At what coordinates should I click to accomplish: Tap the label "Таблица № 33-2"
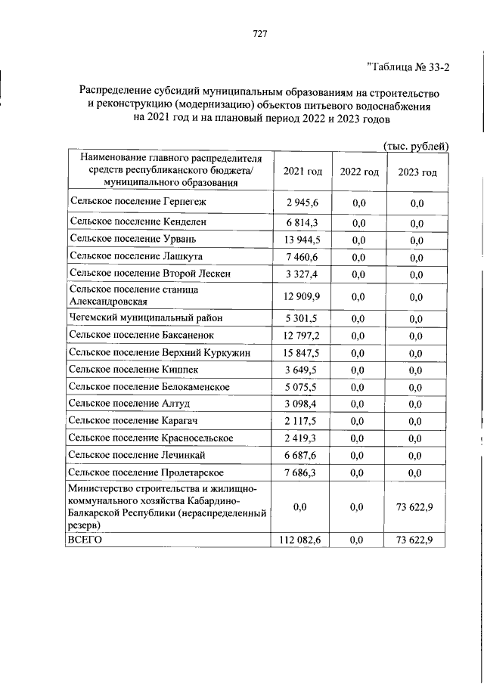tap(408, 67)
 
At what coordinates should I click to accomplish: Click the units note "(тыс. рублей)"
tap(416, 146)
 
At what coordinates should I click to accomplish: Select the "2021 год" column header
tap(302, 172)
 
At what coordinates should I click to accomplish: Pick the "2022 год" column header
tap(358, 172)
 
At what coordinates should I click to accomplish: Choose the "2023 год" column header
tap(417, 172)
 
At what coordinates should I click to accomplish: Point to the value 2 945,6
tap(302, 203)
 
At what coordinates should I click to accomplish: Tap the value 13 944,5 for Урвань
tap(302, 240)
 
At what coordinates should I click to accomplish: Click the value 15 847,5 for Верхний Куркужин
tap(302, 353)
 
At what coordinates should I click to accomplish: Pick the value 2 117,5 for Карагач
tap(302, 421)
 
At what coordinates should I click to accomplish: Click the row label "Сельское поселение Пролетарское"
tap(146, 472)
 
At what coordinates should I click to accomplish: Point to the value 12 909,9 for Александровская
tap(302, 295)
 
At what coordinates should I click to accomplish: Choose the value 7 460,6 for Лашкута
tap(302, 257)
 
